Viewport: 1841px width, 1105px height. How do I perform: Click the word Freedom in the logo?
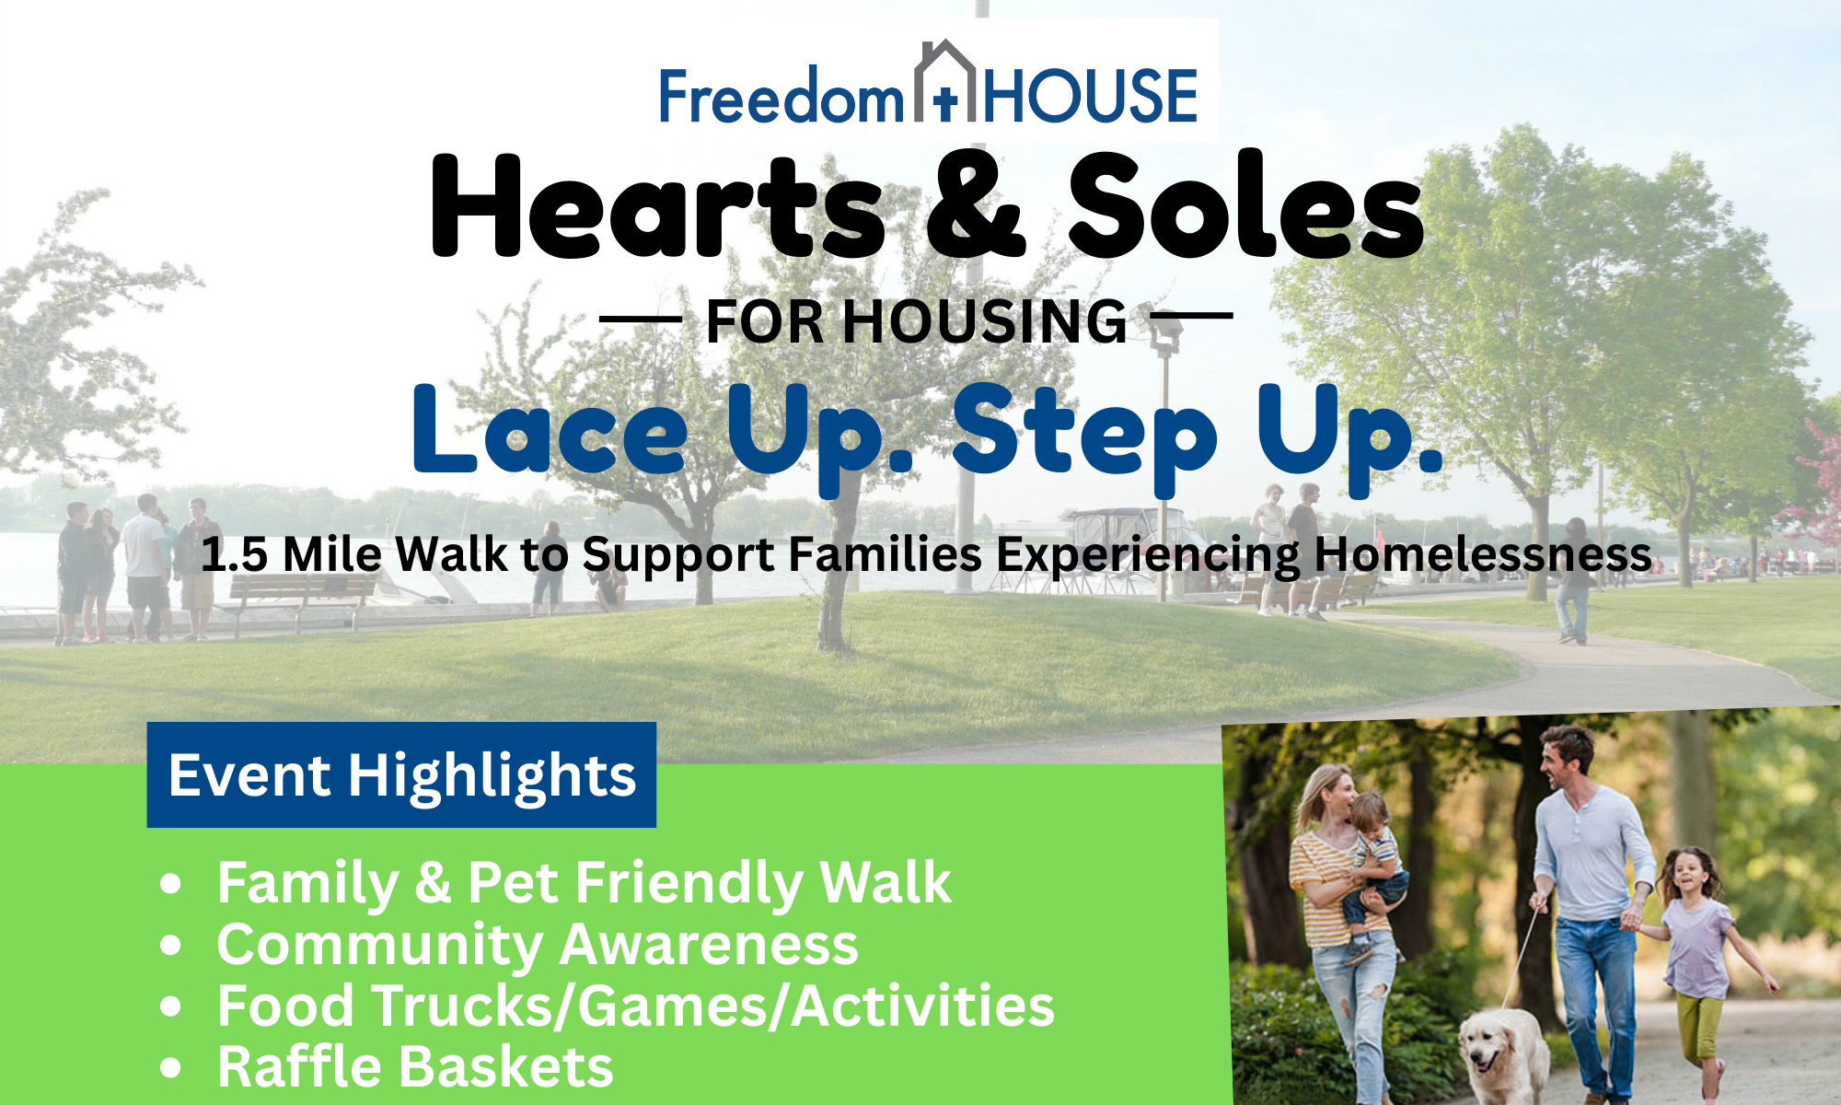[782, 96]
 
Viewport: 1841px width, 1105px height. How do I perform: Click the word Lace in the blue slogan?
[550, 430]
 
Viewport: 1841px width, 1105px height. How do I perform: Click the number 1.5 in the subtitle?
[234, 554]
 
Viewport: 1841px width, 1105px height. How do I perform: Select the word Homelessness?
[1482, 554]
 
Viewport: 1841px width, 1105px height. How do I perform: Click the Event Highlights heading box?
[401, 774]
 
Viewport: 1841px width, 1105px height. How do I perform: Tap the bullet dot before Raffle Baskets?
[170, 1068]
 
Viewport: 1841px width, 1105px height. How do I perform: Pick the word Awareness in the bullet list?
[709, 945]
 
